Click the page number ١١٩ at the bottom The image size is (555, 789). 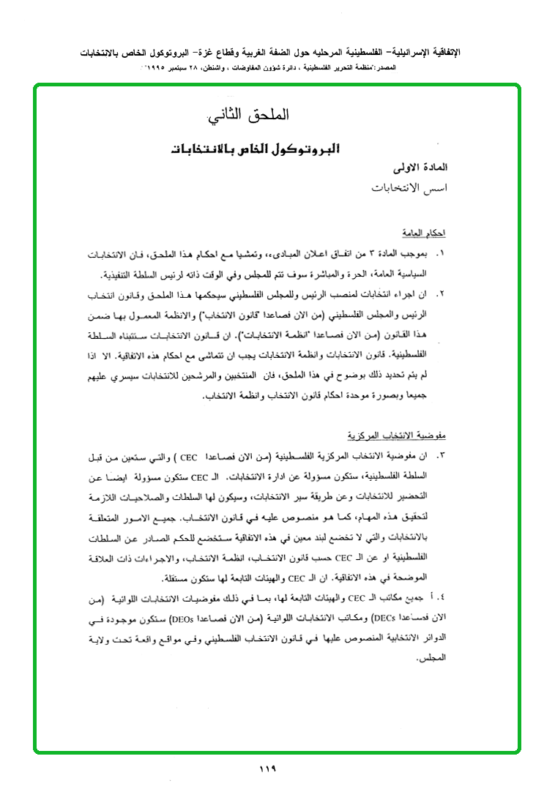point(267,769)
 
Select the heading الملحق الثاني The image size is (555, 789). point(249,116)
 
